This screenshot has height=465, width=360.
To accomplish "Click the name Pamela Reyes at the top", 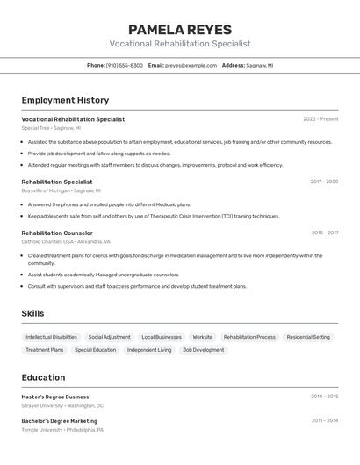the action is point(180,29).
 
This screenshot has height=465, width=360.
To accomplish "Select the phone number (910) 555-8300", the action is point(124,66).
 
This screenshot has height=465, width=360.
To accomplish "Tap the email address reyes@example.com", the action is point(191,66).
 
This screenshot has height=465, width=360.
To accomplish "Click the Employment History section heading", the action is point(65,100).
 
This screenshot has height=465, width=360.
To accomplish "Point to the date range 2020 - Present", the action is point(320,119).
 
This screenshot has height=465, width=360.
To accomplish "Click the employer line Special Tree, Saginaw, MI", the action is point(51,128).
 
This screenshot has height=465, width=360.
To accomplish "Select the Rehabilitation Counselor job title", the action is point(57,233).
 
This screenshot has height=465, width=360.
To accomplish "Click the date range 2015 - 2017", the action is point(324,233).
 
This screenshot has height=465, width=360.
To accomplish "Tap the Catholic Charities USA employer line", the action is point(66,241).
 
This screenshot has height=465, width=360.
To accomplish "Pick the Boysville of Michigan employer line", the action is point(61,190).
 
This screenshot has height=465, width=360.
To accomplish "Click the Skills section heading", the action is point(32,313).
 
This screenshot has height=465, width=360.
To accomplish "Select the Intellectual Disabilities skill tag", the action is point(51,337).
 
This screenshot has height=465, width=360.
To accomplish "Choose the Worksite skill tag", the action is point(202,337).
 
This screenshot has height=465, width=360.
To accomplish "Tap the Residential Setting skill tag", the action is point(308,337).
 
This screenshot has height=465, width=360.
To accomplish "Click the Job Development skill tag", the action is point(203,350).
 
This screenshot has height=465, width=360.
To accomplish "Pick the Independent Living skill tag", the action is point(149,350).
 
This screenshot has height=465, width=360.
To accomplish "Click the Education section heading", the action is point(43,377).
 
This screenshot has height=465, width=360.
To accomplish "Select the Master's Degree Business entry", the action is point(55,397).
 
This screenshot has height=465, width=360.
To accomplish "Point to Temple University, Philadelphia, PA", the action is point(62,430).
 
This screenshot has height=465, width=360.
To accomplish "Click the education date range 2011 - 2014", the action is point(324,420).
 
